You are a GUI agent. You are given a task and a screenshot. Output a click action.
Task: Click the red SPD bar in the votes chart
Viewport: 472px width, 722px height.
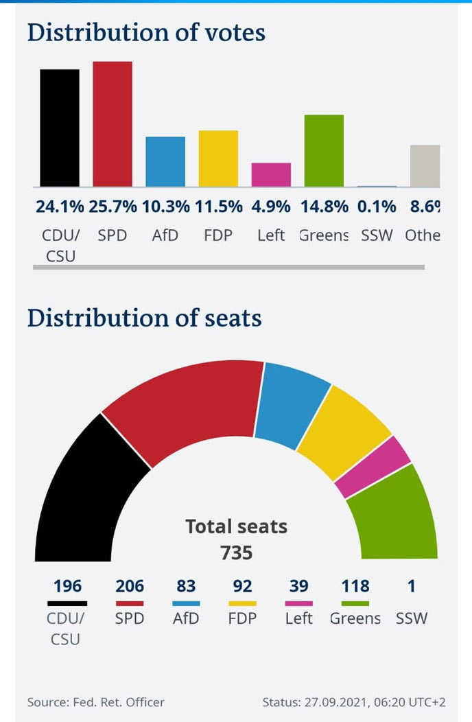pos(113,124)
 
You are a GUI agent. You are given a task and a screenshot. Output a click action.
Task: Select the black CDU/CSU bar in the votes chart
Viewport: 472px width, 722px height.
pos(60,128)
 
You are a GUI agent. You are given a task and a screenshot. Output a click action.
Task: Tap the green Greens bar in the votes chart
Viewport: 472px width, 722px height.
pos(324,150)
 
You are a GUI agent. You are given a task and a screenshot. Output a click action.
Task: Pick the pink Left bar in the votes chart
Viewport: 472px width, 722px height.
pos(271,174)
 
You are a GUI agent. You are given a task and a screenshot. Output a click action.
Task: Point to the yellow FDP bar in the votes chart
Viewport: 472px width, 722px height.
pos(218,158)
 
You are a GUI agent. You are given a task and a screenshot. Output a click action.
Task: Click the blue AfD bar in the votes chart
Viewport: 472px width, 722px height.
pos(165,161)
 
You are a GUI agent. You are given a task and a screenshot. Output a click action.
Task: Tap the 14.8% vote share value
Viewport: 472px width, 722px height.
pos(324,206)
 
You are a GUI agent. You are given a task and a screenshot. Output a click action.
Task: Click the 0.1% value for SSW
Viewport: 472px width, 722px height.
pos(377,206)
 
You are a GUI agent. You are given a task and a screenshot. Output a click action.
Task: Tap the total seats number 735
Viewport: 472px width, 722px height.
pos(236,552)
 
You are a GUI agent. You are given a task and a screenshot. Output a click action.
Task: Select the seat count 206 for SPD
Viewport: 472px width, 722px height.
pos(130,586)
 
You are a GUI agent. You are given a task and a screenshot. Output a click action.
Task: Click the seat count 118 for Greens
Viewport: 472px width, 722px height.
pos(355,586)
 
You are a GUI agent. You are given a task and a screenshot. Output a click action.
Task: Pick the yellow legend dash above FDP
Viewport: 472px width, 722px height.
pos(242,603)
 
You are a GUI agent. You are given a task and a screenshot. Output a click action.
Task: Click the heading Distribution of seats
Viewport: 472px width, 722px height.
pos(144,318)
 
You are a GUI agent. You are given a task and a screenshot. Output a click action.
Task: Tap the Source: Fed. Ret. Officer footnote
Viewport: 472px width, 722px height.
pos(96,702)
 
